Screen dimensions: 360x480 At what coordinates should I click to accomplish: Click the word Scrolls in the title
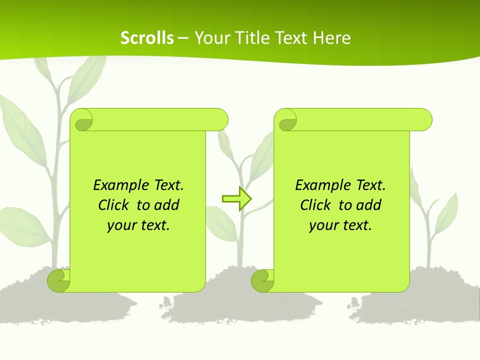(x=147, y=38)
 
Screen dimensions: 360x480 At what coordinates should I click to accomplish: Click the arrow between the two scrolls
(x=237, y=199)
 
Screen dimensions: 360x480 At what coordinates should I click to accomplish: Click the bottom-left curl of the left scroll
(x=59, y=280)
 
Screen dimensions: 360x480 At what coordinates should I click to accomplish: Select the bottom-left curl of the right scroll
(x=263, y=280)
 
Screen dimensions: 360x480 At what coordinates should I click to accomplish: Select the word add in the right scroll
(x=369, y=205)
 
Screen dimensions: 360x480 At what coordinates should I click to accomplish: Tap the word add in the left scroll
(x=167, y=205)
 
